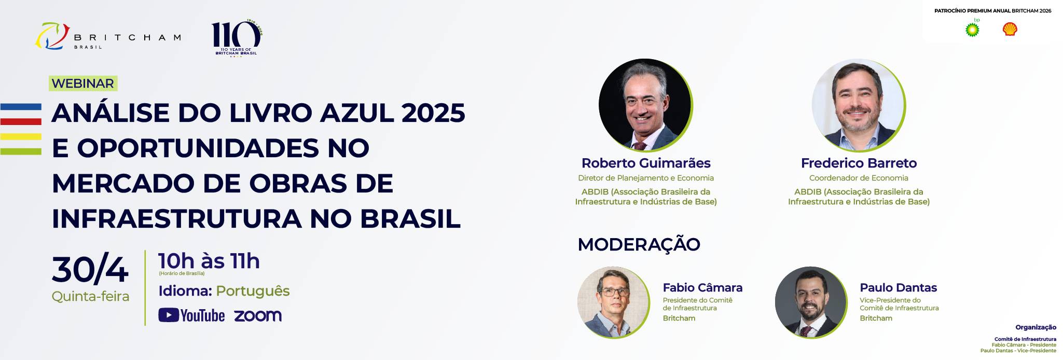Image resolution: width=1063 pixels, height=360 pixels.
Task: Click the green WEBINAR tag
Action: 83,84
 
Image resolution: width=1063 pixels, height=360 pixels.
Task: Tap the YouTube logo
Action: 191,315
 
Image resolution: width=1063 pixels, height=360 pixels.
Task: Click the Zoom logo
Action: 258,316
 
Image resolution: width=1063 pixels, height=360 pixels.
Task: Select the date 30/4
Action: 90,269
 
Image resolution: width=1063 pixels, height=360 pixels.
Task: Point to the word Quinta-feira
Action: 90,296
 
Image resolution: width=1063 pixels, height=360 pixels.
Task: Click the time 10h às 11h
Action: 209,261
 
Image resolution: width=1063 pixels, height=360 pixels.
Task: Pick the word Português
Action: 253,291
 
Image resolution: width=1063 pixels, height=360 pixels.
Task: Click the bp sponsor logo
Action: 973,29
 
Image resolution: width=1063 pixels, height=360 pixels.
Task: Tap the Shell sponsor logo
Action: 1010,29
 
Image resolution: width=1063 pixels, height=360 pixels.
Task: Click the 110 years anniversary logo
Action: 237,38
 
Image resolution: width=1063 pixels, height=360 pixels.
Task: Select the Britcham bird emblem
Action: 52,36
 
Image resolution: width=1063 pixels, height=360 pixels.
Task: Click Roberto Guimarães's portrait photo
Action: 645,105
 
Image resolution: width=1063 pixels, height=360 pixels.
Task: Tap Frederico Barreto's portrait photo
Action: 859,105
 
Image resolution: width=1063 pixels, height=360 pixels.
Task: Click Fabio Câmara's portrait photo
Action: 614,303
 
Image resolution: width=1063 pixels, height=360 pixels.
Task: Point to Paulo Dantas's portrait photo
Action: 811,303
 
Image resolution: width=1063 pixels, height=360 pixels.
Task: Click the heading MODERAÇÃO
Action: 639,244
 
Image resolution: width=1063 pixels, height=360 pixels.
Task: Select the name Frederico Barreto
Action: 859,163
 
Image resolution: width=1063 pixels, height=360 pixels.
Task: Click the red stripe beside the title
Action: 21,122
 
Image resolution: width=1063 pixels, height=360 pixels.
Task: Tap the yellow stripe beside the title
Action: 21,136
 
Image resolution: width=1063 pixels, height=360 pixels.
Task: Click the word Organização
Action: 1036,327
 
